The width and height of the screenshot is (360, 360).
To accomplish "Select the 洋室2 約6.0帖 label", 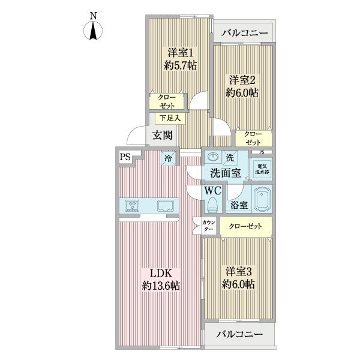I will [x=242, y=86].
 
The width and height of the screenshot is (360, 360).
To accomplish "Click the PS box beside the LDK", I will [x=124, y=157].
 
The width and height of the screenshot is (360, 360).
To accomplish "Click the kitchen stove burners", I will [x=133, y=206].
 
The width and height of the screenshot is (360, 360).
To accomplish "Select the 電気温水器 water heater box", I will [x=263, y=169].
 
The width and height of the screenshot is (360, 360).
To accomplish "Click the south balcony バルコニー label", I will [x=240, y=334].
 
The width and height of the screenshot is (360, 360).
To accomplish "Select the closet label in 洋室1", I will [x=167, y=101].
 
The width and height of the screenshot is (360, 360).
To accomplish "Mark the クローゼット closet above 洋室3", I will [x=245, y=226].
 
